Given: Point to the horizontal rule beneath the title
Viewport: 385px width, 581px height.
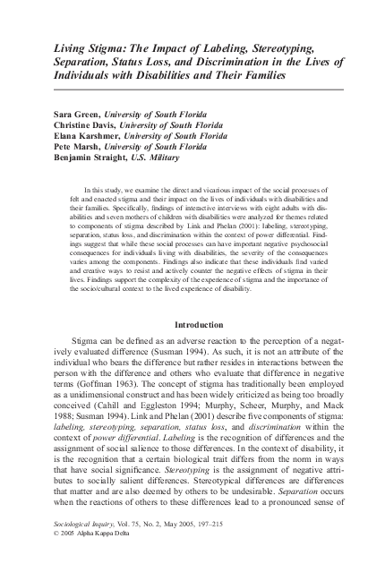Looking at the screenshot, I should [198, 91].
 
